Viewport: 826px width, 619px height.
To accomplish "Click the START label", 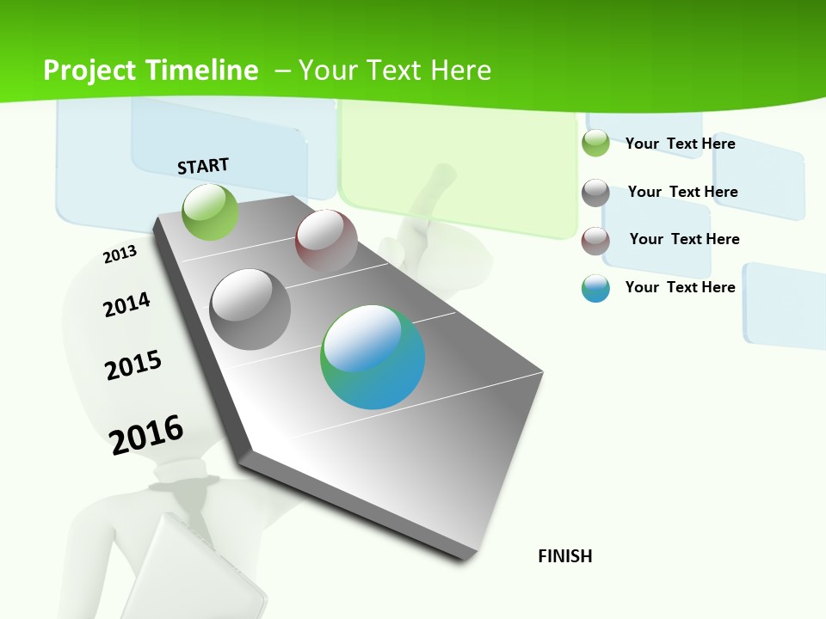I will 203,166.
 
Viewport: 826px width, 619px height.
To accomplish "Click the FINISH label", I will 565,556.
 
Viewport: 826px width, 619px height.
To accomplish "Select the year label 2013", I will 120,254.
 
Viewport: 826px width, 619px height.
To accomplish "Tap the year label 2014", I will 126,304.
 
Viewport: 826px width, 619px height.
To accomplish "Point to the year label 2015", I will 133,365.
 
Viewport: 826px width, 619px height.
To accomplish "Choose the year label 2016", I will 146,434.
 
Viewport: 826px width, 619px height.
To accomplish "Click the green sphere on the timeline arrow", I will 210,211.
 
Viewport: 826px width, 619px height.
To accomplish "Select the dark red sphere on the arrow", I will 326,241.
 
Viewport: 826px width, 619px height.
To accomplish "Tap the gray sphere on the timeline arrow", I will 250,309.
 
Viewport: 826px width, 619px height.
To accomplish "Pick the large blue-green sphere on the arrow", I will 373,357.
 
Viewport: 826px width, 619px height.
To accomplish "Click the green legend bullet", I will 595,143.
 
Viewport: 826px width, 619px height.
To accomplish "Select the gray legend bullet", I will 595,193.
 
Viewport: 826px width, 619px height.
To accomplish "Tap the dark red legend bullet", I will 595,241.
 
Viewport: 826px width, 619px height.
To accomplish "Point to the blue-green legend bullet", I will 595,288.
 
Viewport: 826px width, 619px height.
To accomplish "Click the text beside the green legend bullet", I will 680,144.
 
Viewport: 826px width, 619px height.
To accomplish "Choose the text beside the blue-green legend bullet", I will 680,287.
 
